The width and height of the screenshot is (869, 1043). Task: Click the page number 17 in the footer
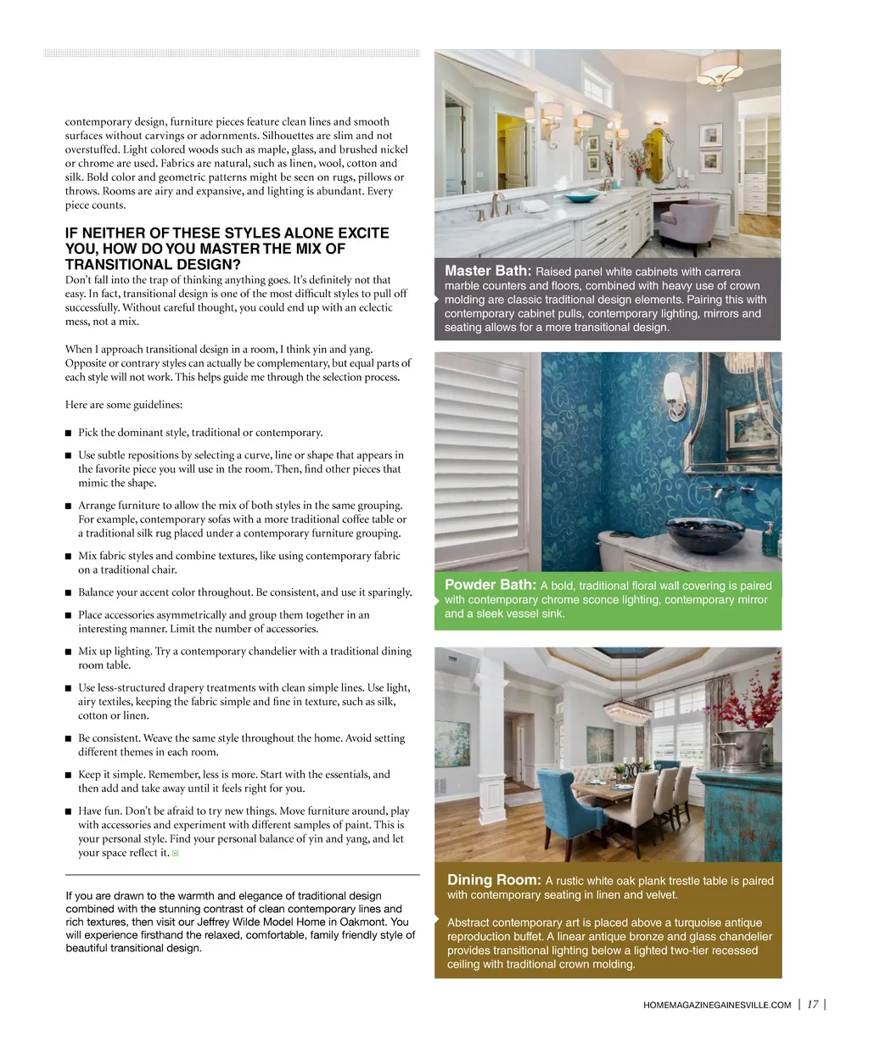(813, 1004)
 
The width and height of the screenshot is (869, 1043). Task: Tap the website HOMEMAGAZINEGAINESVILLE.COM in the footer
(717, 1005)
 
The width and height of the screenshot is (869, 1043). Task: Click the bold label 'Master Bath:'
(488, 271)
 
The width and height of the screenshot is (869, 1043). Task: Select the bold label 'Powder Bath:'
(490, 585)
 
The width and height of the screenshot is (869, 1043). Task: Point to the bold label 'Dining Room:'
(493, 880)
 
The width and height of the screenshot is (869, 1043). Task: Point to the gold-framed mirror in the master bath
(655, 150)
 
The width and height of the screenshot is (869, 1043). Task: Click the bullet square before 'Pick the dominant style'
(69, 433)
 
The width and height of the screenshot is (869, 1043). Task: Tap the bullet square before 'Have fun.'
(69, 811)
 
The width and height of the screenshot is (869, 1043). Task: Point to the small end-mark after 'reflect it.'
(176, 853)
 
